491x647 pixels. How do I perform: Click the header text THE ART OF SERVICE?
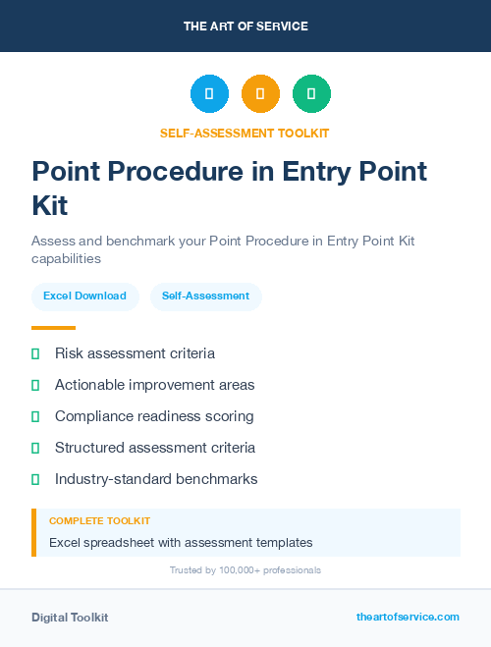tap(245, 27)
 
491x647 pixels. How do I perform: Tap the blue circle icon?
tap(209, 94)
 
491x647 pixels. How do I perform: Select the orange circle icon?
tap(260, 94)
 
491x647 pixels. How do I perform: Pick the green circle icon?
tap(311, 94)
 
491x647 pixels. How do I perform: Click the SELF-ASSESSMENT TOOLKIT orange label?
tap(245, 133)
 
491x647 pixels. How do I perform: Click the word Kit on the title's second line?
tap(50, 206)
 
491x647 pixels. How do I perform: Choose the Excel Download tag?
tap(84, 296)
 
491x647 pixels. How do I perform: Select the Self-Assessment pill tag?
tap(205, 296)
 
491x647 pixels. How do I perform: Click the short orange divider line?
tap(53, 328)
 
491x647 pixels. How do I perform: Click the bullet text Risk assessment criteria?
tap(135, 353)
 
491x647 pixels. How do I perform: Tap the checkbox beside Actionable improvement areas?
tap(35, 385)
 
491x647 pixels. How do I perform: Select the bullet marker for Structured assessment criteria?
tap(35, 448)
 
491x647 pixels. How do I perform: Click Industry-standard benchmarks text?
tap(156, 479)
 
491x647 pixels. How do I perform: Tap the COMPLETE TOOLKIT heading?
tap(99, 520)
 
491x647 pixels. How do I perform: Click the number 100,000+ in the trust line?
tap(238, 569)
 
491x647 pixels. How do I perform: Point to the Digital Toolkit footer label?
tap(70, 617)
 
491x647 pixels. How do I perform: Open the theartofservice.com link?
tap(408, 617)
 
